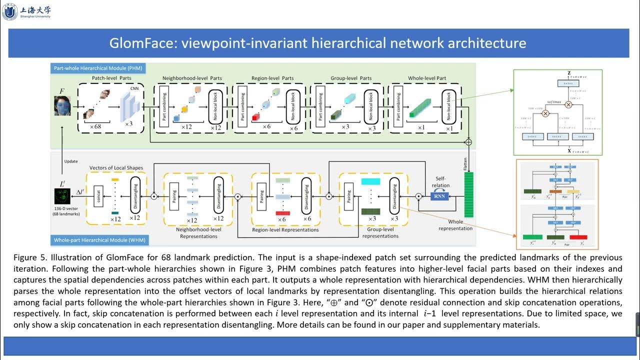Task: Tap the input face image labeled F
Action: pyautogui.click(x=62, y=106)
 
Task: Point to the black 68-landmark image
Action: pyautogui.click(x=62, y=196)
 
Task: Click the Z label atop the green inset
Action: pyautogui.click(x=568, y=73)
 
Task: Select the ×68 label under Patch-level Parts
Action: pyautogui.click(x=95, y=126)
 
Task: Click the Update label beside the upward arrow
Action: pyautogui.click(x=71, y=161)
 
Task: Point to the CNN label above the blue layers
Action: pyautogui.click(x=134, y=88)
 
